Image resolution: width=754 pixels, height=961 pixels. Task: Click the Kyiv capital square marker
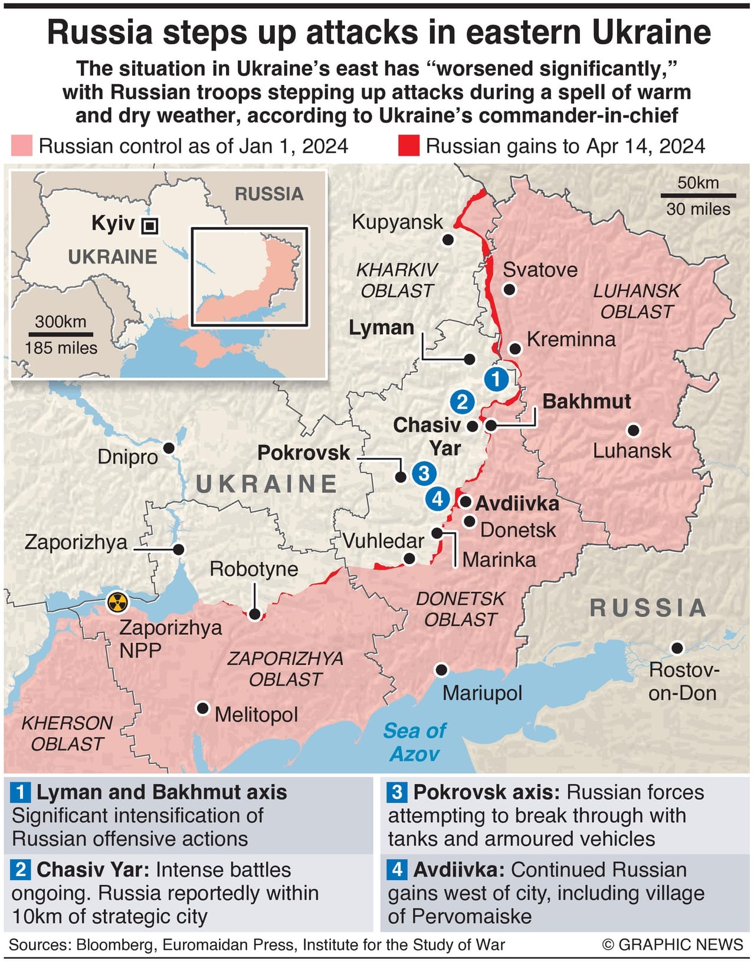click(150, 225)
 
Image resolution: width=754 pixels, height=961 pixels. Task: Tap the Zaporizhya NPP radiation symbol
click(117, 602)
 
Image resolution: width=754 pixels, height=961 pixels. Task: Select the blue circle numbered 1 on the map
click(496, 379)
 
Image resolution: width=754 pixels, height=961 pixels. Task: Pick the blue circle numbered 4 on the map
click(437, 499)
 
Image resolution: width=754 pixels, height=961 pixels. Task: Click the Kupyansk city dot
click(448, 239)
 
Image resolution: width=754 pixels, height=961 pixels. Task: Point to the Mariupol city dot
click(441, 670)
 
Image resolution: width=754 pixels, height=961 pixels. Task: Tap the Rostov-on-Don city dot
click(677, 648)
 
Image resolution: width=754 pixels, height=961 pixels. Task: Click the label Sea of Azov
click(415, 742)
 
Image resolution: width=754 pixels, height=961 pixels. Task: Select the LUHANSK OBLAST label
click(637, 301)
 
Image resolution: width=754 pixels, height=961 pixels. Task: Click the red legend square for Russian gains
click(408, 146)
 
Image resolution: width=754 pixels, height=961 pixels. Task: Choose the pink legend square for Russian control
click(22, 146)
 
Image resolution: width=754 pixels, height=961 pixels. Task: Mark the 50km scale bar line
click(698, 195)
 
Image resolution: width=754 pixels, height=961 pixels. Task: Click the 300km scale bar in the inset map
click(60, 334)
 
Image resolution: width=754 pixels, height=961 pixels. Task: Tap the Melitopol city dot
click(203, 708)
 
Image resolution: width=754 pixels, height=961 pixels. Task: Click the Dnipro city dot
click(169, 448)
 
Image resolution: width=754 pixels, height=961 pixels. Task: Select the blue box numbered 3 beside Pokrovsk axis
click(396, 792)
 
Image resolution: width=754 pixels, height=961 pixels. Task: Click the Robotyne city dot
click(255, 614)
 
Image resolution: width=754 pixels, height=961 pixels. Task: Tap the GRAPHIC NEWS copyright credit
click(673, 945)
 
